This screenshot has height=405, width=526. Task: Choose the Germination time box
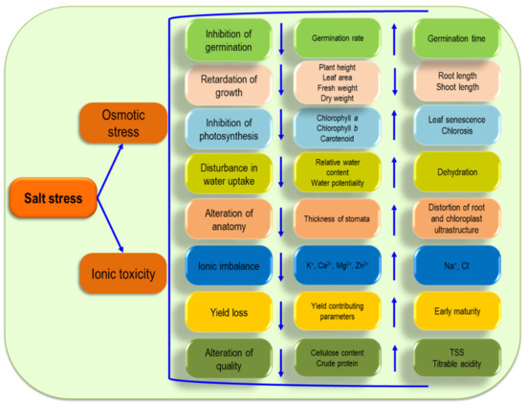[x=456, y=37]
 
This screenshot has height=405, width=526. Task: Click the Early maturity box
[x=456, y=311]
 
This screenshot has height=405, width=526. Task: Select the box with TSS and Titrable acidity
[x=456, y=357]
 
